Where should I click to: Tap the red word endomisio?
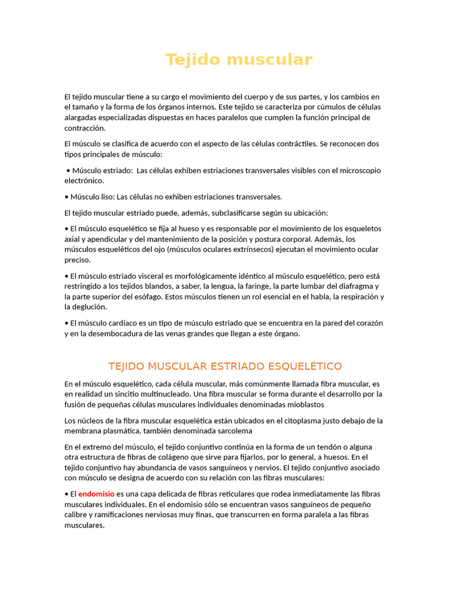point(96,494)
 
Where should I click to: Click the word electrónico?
point(84,181)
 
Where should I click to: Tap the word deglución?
point(88,306)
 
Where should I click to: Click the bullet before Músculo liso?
point(66,197)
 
